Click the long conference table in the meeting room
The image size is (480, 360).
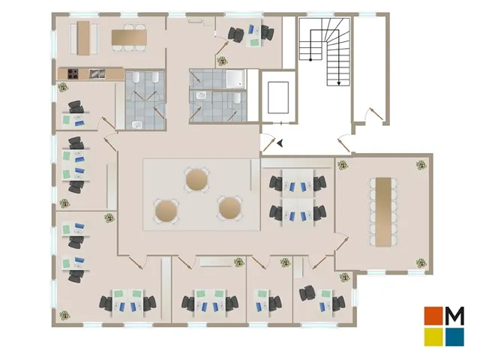tap(383, 211)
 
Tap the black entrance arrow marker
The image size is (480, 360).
tap(280, 142)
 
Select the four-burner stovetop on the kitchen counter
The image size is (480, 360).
tap(73, 73)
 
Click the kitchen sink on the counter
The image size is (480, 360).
tap(97, 73)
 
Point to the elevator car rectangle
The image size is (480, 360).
tap(278, 97)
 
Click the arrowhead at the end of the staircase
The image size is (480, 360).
tap(339, 83)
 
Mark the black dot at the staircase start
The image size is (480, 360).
tap(310, 60)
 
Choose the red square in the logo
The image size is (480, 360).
tap(433, 316)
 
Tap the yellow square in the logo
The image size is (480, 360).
tap(433, 337)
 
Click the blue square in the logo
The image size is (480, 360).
tap(455, 337)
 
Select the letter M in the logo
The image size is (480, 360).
tap(455, 316)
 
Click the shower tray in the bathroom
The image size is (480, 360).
tap(235, 79)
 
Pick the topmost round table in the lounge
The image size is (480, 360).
tap(196, 180)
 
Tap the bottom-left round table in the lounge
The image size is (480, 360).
tap(166, 211)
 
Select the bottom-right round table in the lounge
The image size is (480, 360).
tap(229, 208)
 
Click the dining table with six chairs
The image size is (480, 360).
tap(129, 37)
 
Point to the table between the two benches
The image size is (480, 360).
tap(83, 38)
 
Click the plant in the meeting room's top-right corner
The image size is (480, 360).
tap(421, 165)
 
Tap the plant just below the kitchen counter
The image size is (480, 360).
tap(63, 88)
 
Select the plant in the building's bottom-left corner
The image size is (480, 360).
tap(64, 315)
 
